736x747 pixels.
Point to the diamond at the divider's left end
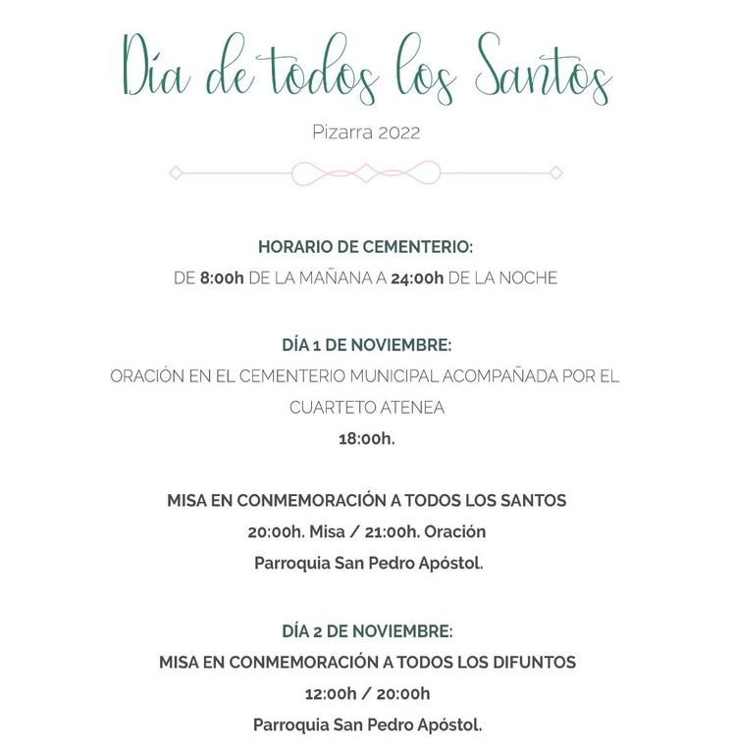(x=176, y=173)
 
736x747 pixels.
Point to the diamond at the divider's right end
(x=555, y=173)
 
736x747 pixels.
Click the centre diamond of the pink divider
(x=365, y=173)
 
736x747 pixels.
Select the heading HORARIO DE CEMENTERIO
(x=365, y=247)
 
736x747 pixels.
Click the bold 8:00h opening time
(x=222, y=278)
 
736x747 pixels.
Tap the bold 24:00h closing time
(x=417, y=278)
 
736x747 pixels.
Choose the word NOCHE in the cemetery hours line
(x=528, y=278)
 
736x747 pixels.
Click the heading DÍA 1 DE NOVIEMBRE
(x=366, y=345)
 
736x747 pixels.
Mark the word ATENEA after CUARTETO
(x=412, y=408)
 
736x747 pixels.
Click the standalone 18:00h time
(x=367, y=439)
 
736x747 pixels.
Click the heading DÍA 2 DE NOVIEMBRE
(x=367, y=631)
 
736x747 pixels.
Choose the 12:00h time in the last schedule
(x=331, y=694)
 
